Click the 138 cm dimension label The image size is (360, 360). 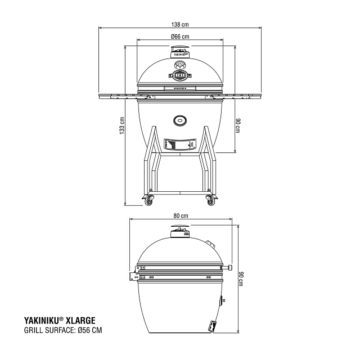click(180, 24)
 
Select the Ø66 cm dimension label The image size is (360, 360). click(180, 37)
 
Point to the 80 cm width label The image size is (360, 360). click(180, 216)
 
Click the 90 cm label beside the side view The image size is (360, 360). click(242, 279)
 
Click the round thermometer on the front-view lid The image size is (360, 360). click(180, 64)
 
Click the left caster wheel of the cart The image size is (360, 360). click(149, 200)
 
